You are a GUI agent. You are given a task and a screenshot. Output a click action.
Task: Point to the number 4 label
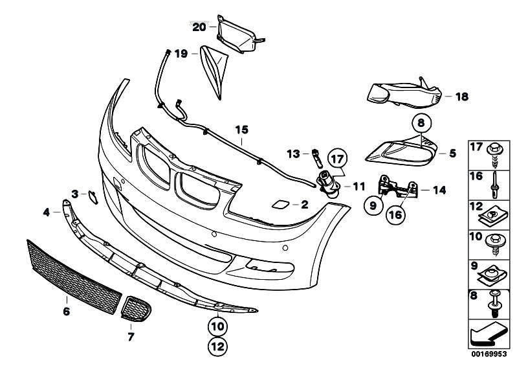tap(47, 212)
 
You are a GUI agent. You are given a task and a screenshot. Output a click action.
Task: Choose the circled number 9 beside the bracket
tap(373, 206)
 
